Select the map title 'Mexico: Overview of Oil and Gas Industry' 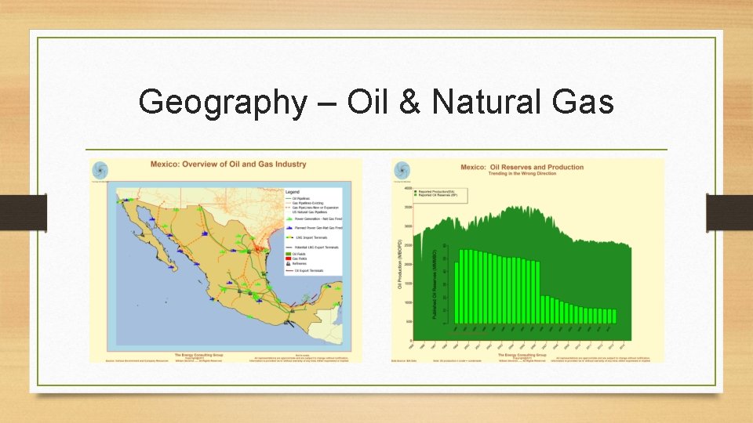(228, 164)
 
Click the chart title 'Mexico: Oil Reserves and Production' (522, 167)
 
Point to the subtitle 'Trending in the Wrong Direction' (522, 173)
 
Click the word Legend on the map (293, 191)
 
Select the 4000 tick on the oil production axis (407, 188)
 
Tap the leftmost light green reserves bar (457, 287)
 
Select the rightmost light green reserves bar (613, 316)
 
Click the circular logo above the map (100, 169)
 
